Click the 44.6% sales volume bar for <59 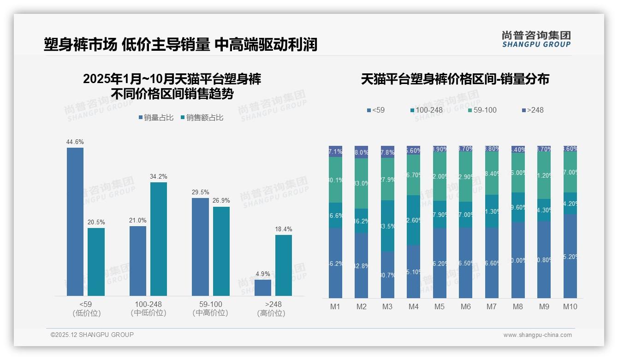tap(75, 222)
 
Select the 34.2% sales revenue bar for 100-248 tap(159, 239)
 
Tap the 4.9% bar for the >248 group tap(263, 288)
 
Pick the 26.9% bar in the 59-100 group tap(221, 251)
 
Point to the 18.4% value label tap(284, 229)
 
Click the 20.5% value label tap(96, 222)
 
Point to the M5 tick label tap(440, 306)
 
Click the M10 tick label tap(570, 306)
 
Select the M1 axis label tap(335, 306)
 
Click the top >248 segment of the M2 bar tap(362, 152)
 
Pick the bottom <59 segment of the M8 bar tap(518, 260)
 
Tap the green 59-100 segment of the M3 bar tap(387, 179)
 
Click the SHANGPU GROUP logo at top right tap(536, 39)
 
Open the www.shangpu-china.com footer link tap(537, 335)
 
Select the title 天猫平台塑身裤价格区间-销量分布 tap(455, 79)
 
